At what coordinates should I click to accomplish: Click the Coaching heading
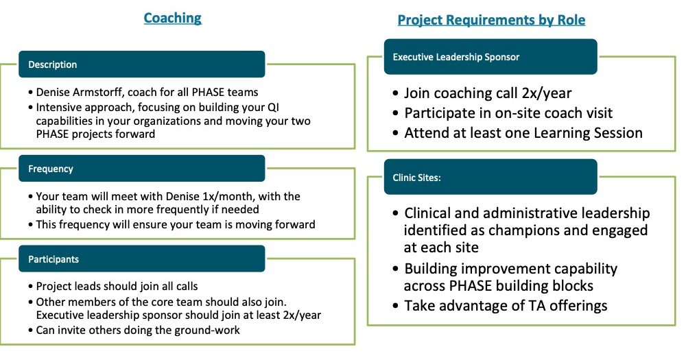pos(172,18)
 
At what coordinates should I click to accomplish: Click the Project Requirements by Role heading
pos(491,20)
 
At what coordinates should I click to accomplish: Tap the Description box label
pos(53,64)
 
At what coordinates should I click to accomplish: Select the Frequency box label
pos(51,169)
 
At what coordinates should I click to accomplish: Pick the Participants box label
pos(54,259)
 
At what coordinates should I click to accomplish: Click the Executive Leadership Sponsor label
pos(456,57)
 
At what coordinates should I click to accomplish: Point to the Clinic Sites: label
pos(416,178)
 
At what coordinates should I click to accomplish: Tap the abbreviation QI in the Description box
pos(273,107)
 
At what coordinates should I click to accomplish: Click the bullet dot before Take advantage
pos(396,306)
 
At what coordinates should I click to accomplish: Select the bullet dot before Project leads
pos(30,287)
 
